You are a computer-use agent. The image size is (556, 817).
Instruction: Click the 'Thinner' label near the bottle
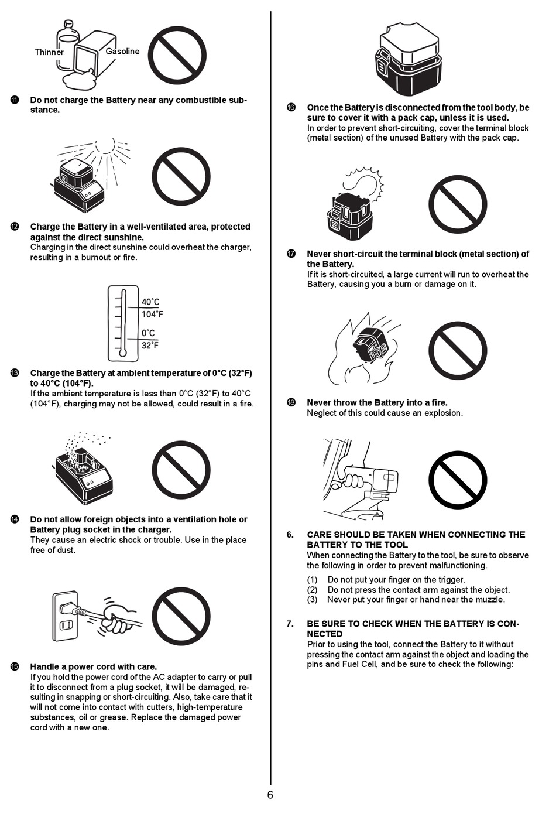coord(49,52)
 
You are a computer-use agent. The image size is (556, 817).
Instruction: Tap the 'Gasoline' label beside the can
coord(122,52)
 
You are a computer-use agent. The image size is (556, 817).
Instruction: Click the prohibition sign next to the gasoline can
coord(177,56)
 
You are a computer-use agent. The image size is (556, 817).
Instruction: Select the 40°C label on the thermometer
coord(150,302)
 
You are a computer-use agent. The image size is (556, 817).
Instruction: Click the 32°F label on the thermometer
coord(150,346)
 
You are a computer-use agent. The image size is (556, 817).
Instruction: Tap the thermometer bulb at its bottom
coord(122,353)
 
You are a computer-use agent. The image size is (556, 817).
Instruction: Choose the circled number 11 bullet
coord(15,100)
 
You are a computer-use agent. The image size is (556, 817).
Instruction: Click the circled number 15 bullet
coord(15,666)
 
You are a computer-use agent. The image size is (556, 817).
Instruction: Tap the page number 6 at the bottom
coord(270,795)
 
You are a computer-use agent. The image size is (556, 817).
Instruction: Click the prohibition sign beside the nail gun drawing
coord(458,480)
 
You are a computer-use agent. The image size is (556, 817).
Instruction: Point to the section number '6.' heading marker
coord(290,535)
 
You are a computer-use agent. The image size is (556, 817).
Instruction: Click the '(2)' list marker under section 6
coord(313,590)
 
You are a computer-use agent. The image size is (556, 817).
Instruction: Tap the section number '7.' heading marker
coord(290,624)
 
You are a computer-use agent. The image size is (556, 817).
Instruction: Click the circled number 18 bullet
coord(291,402)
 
